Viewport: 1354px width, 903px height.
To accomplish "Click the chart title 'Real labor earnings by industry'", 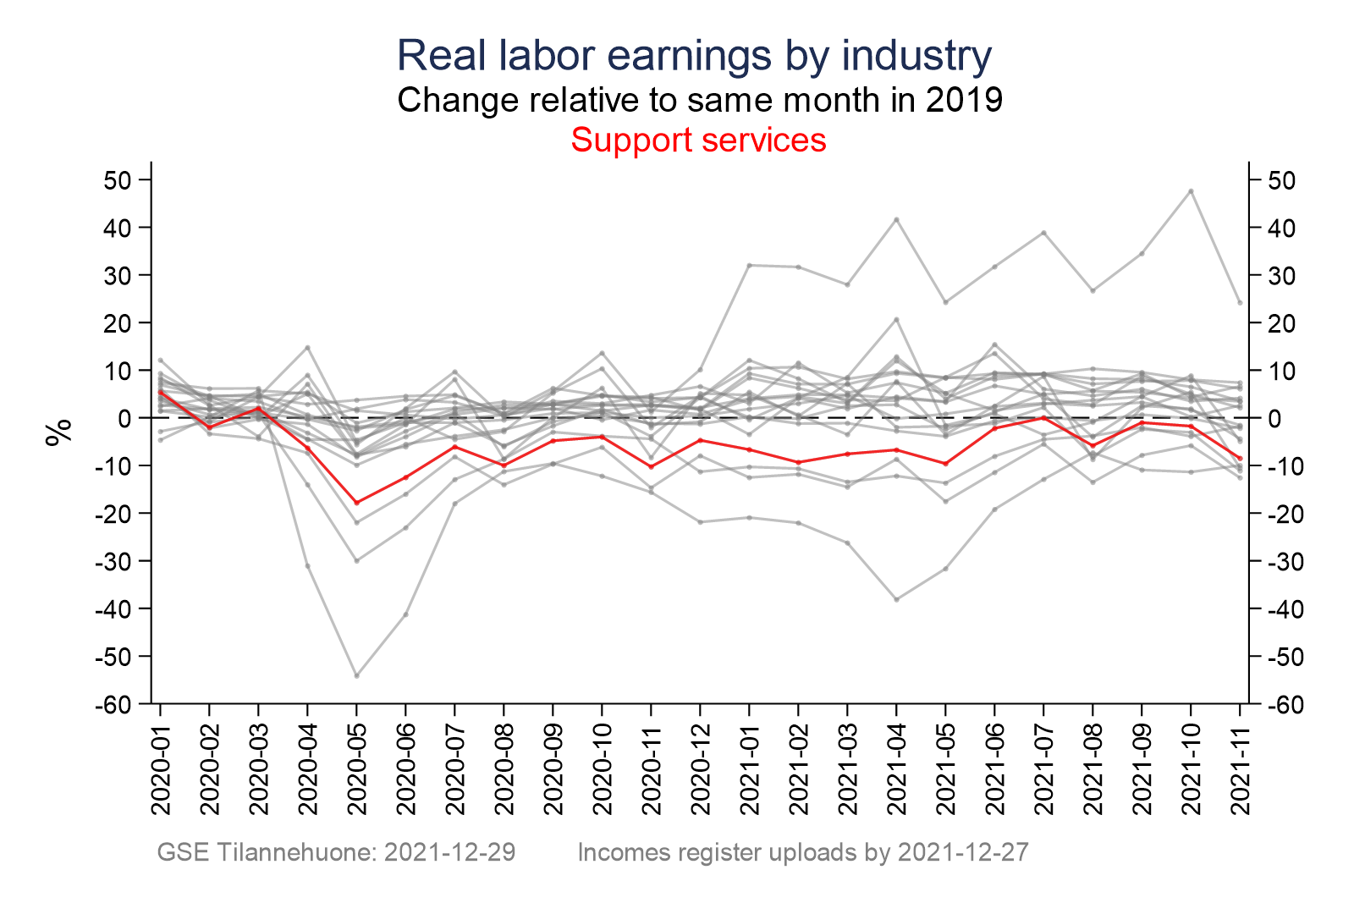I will pos(694,56).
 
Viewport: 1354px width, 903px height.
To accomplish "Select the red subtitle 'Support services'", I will pos(698,140).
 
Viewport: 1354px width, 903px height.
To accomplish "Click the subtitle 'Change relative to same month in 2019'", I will pos(700,100).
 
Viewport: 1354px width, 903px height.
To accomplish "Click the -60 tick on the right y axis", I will pos(1281,704).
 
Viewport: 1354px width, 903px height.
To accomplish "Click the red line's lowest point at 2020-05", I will pos(357,503).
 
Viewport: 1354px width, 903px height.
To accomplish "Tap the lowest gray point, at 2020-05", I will pos(357,675).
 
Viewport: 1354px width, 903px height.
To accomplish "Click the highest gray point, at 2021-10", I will pos(1191,191).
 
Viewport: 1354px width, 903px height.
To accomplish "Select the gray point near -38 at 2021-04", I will pos(896,599).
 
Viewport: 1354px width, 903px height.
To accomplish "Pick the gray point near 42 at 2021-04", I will pos(896,220).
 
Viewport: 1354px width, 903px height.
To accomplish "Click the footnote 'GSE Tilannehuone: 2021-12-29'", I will pos(336,852).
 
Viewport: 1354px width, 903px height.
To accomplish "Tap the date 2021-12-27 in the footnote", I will pos(963,852).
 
